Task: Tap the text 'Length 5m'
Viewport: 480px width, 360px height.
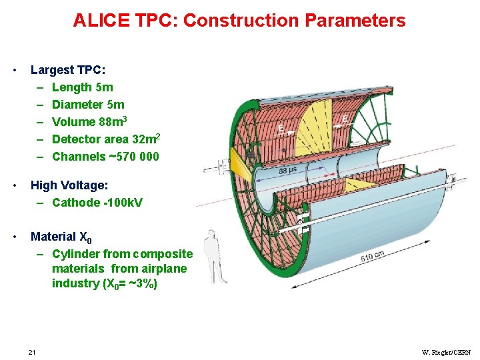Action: click(x=82, y=87)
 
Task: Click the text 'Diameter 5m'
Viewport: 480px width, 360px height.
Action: click(x=88, y=105)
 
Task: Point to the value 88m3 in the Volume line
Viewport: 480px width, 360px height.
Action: click(x=113, y=121)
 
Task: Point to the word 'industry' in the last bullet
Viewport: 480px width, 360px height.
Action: click(x=75, y=283)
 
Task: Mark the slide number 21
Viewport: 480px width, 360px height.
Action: click(x=32, y=352)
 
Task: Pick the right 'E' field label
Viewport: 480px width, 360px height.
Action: click(x=345, y=119)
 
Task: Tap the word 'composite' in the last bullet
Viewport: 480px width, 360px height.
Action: click(x=163, y=254)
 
